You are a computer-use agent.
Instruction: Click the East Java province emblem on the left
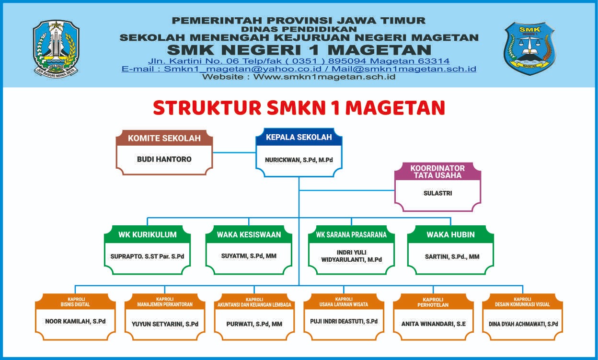(x=56, y=49)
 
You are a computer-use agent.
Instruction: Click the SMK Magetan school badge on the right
(x=529, y=48)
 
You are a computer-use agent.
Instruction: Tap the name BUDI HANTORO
(x=164, y=159)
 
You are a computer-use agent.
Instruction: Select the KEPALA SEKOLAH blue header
(x=299, y=137)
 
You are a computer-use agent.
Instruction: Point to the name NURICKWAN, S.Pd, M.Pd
(x=299, y=160)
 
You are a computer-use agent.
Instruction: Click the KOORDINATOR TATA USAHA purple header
(x=437, y=172)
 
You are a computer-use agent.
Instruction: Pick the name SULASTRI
(x=438, y=193)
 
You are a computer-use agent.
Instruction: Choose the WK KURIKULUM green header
(x=148, y=234)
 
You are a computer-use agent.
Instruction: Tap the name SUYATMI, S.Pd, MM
(x=249, y=256)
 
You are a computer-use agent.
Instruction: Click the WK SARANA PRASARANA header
(x=351, y=234)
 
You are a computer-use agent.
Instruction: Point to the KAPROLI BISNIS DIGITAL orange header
(x=75, y=302)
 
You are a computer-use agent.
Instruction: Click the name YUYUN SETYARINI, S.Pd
(x=165, y=324)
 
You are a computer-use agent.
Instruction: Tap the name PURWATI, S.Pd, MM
(x=254, y=324)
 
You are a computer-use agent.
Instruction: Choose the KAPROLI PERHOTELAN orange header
(x=433, y=302)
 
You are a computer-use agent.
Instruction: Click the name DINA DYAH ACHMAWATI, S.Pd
(x=523, y=324)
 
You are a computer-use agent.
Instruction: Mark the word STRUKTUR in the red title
(x=207, y=108)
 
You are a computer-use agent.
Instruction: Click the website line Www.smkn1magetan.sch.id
(x=299, y=77)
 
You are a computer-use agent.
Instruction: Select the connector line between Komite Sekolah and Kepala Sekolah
(x=234, y=153)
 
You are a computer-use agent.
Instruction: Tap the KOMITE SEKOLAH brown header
(x=164, y=138)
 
